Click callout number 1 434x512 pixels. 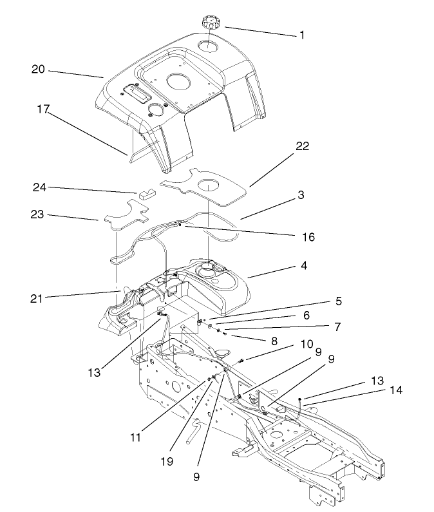tap(301, 35)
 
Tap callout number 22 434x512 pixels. tap(303, 146)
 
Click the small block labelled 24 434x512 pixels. tap(145, 192)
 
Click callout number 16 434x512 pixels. tap(308, 238)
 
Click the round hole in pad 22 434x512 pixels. tap(208, 185)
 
